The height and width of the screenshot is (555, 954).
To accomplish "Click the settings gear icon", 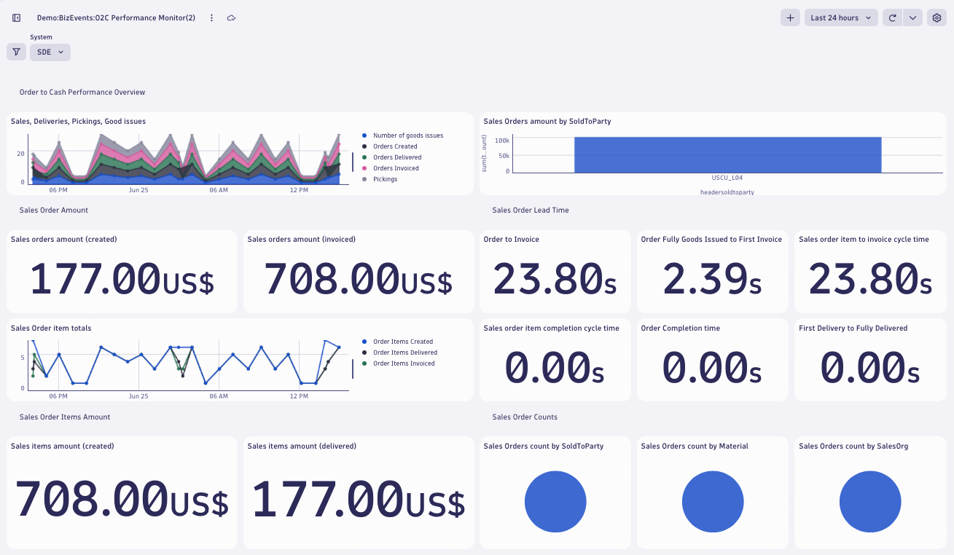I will pyautogui.click(x=937, y=17).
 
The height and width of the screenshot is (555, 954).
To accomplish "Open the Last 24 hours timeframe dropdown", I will pyautogui.click(x=840, y=17).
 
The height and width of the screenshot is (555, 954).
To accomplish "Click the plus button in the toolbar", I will pyautogui.click(x=790, y=17).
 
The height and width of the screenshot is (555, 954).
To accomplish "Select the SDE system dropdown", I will pyautogui.click(x=50, y=52).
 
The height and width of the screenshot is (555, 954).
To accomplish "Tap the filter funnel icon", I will pyautogui.click(x=16, y=52).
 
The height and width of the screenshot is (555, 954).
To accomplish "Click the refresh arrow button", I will pyautogui.click(x=892, y=17).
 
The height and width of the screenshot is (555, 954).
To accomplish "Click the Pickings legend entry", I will pyautogui.click(x=385, y=179).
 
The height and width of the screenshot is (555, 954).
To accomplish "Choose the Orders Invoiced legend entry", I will pyautogui.click(x=396, y=168).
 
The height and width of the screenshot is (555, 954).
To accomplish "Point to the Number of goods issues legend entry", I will pyautogui.click(x=407, y=135).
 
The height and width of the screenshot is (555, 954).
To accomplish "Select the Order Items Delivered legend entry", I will pyautogui.click(x=404, y=353).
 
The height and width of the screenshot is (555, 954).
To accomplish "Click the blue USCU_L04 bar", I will pyautogui.click(x=727, y=154).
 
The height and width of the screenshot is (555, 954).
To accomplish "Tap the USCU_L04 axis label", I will pyautogui.click(x=727, y=178).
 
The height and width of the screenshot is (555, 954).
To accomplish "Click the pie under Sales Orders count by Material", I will pyautogui.click(x=713, y=501).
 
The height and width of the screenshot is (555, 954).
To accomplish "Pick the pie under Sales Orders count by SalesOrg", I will pyautogui.click(x=870, y=501).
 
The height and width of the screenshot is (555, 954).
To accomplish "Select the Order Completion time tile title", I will pyautogui.click(x=680, y=328).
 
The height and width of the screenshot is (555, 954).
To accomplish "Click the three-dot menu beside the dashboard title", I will pyautogui.click(x=212, y=17).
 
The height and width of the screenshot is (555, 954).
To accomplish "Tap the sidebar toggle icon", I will pyautogui.click(x=17, y=17).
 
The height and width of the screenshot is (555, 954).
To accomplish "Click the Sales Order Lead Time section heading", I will pyautogui.click(x=530, y=210).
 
